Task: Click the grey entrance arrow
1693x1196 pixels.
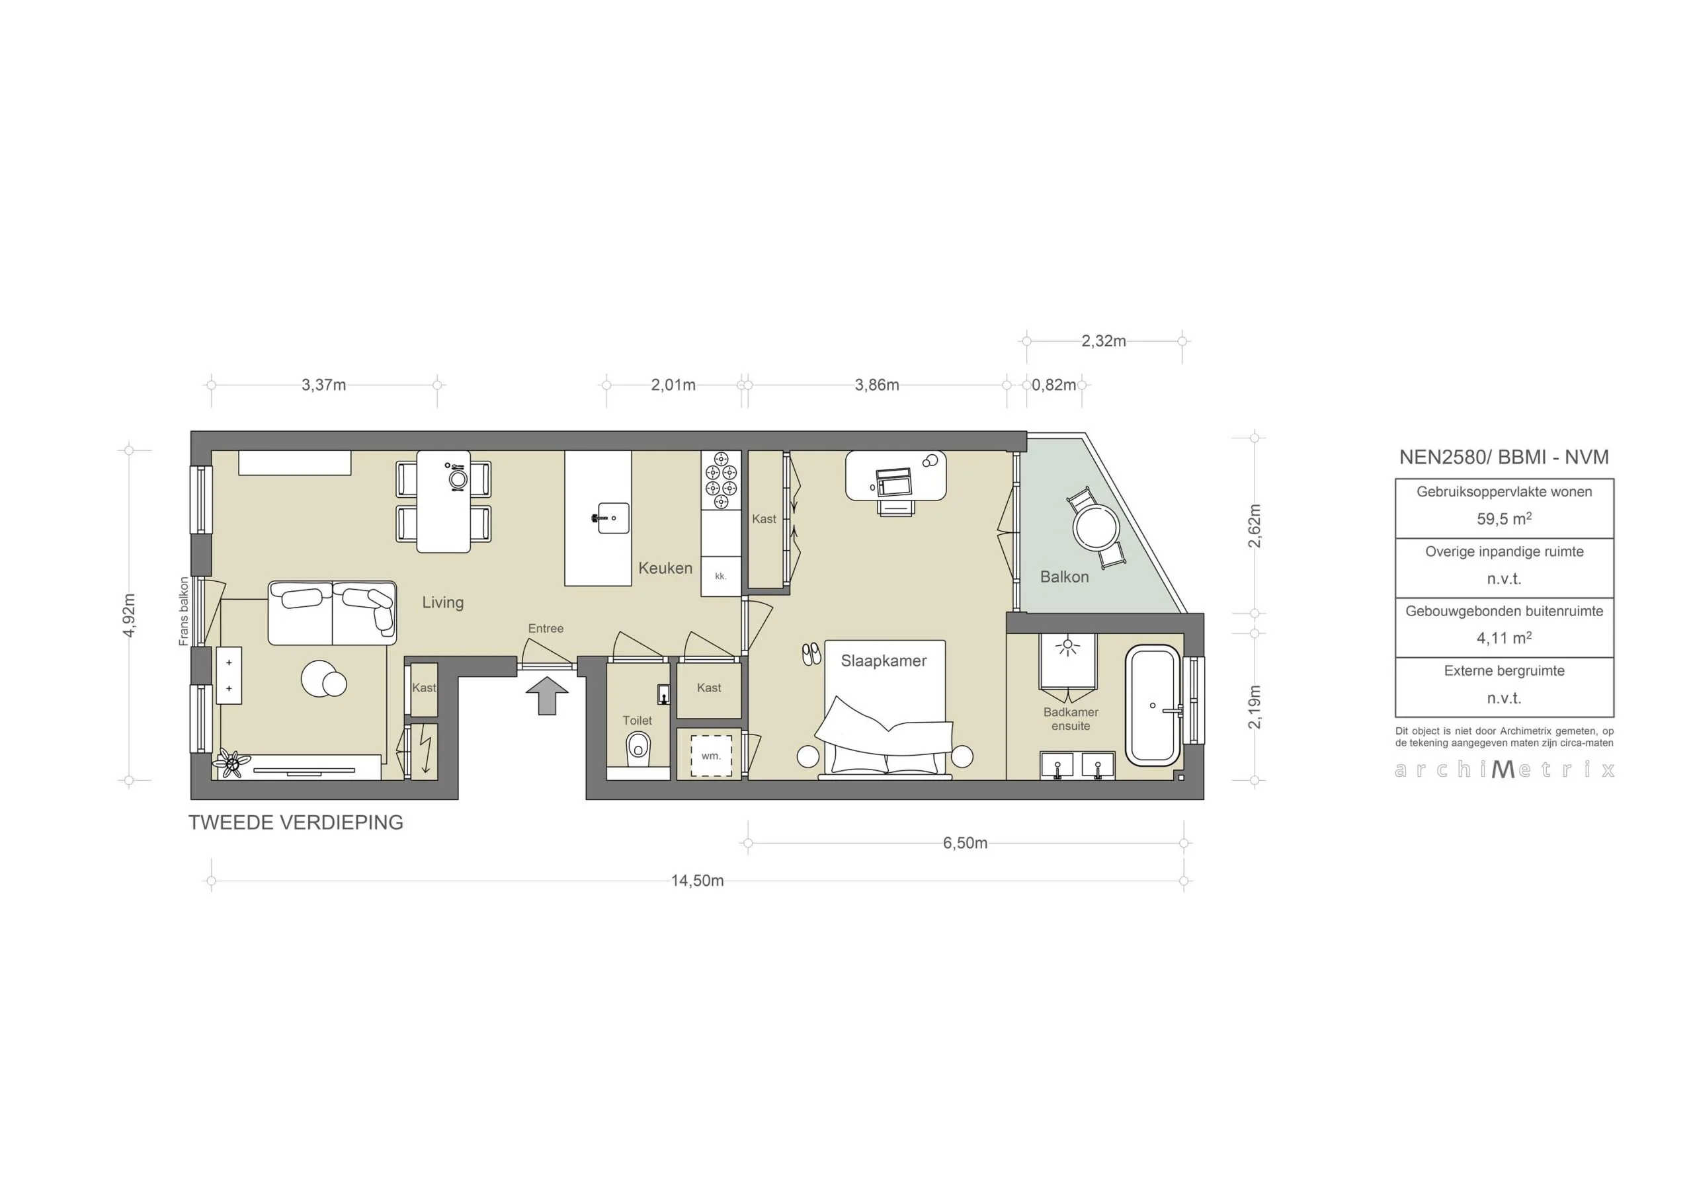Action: click(x=547, y=696)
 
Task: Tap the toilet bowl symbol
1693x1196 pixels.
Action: click(x=638, y=749)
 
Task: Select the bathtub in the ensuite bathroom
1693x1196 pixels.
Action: click(x=1153, y=705)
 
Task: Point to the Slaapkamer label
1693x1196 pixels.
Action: click(x=884, y=660)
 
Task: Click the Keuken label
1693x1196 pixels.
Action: click(x=665, y=568)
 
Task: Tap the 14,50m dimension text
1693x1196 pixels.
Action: click(x=697, y=881)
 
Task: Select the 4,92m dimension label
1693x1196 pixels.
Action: click(x=129, y=615)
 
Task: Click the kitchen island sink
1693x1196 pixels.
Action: click(x=610, y=518)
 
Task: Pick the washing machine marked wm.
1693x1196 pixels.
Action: click(x=711, y=755)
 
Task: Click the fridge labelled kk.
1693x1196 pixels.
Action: click(x=720, y=576)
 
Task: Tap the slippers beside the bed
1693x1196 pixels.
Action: click(x=811, y=653)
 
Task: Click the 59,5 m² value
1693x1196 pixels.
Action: click(x=1503, y=519)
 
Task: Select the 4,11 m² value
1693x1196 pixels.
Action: click(x=1503, y=638)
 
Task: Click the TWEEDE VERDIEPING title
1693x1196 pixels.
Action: click(x=296, y=822)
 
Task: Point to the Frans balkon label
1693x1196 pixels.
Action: click(x=184, y=612)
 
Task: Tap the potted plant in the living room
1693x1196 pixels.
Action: click(x=231, y=764)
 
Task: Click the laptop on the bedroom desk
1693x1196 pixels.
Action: click(x=894, y=481)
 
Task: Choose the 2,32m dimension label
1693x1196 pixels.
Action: click(x=1103, y=340)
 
